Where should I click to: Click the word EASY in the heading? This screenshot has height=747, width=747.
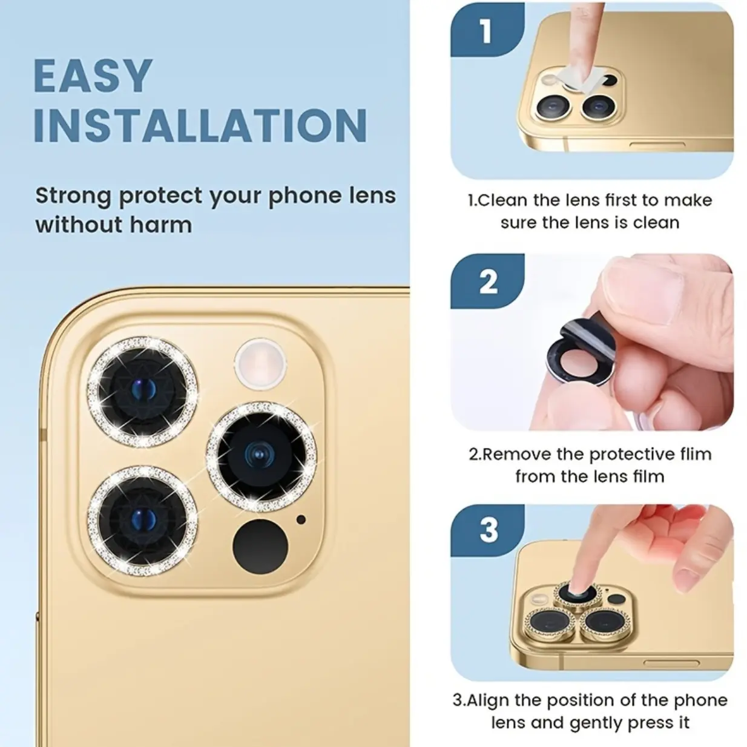tap(93, 76)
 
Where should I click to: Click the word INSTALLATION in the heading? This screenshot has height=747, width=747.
tap(200, 125)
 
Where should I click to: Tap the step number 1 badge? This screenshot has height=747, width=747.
tap(486, 31)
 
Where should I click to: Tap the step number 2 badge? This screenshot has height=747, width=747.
tap(488, 281)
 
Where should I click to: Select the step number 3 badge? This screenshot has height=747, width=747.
tap(488, 530)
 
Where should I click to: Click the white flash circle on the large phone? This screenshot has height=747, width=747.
tap(260, 363)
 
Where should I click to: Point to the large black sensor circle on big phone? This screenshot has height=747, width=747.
tap(260, 547)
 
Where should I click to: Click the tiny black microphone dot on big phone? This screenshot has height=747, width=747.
tap(301, 519)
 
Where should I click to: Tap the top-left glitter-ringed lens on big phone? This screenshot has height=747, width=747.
tap(142, 391)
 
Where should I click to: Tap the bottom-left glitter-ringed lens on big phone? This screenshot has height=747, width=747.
tap(142, 521)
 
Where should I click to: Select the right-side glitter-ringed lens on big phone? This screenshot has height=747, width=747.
tap(262, 456)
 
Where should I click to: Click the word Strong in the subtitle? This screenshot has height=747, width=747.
tap(73, 196)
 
